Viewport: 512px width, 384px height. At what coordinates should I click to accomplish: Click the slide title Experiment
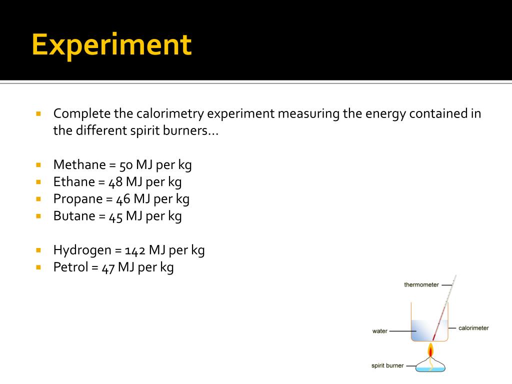coord(111,45)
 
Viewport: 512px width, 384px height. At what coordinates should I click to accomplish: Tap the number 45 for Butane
coord(116,216)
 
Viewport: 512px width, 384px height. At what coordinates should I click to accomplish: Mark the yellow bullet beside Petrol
coord(38,267)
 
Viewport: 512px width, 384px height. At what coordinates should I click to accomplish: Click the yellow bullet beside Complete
coord(38,113)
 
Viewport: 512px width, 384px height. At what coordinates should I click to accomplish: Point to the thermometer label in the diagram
coord(421,285)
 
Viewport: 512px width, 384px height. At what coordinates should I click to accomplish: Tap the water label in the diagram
coord(380,331)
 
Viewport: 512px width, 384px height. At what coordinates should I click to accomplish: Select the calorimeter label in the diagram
coord(473,328)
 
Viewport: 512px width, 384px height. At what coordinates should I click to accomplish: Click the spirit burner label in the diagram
coord(387,365)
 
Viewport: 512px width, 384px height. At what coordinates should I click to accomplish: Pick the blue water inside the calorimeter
coord(422,330)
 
